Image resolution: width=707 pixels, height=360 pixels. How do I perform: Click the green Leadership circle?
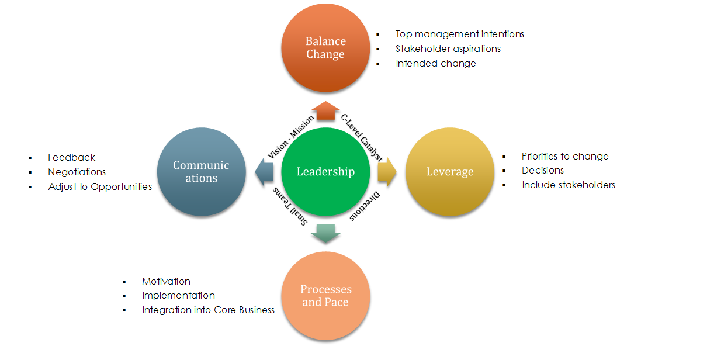325,172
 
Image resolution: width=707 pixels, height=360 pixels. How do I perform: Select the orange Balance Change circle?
325,48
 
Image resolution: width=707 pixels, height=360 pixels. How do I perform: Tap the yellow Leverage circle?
449,172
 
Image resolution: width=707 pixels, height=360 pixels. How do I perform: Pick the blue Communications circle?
202,172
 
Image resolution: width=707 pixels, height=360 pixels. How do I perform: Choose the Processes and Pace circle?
325,296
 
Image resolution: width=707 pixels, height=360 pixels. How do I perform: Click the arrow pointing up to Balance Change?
325,110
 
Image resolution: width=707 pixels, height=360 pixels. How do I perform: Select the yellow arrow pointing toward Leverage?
387,172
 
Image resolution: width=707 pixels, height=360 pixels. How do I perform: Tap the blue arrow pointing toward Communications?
264,172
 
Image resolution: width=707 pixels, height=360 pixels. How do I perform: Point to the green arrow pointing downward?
325,233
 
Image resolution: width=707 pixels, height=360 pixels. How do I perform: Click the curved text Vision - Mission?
291,136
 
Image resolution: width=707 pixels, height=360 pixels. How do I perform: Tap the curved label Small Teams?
290,207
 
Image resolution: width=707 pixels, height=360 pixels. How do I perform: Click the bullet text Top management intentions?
459,34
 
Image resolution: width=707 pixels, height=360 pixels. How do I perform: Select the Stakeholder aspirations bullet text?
448,49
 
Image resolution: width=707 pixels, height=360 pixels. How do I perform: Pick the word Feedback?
71,157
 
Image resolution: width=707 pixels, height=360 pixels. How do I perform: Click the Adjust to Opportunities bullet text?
100,186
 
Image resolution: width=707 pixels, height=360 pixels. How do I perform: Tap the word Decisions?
543,170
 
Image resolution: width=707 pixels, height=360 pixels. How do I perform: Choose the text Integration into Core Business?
208,310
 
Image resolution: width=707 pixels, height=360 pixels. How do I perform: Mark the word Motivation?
166,281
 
